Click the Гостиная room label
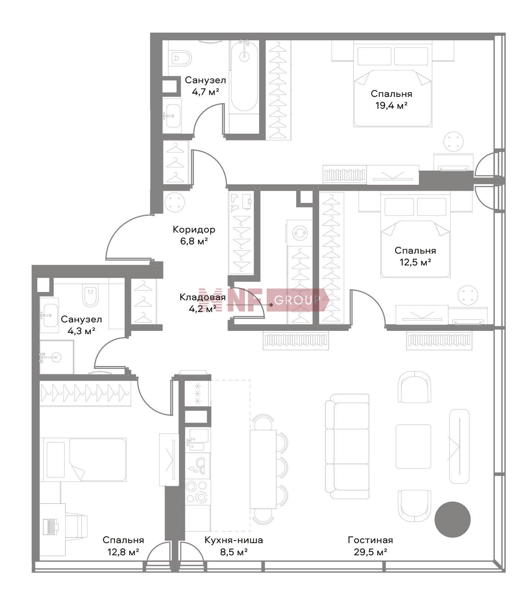click(x=370, y=540)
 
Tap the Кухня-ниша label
click(x=234, y=540)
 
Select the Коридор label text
click(x=194, y=230)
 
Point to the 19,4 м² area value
click(x=391, y=106)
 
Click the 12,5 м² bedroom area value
click(x=416, y=262)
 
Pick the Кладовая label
click(x=203, y=297)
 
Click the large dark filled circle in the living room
click(x=452, y=519)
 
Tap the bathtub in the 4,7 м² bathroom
click(x=244, y=76)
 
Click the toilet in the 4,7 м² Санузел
click(x=182, y=58)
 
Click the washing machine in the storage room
click(x=299, y=233)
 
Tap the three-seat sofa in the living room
click(x=347, y=447)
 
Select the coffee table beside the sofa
click(x=413, y=446)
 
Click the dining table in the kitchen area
click(x=263, y=469)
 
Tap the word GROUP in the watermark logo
click(x=297, y=300)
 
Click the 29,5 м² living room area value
click(x=370, y=552)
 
